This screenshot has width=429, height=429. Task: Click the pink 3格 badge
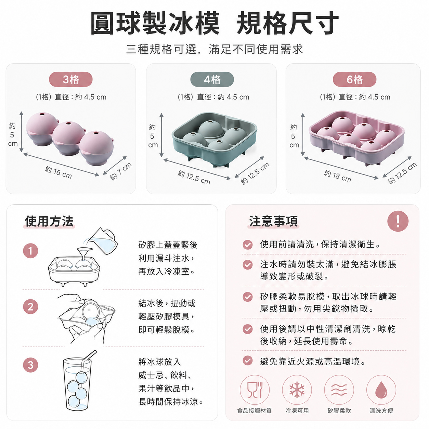pos(70,79)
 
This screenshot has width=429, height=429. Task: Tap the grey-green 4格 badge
pos(212,79)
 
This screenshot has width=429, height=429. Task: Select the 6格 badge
pos(354,79)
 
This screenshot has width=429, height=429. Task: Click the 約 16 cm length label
pos(58,172)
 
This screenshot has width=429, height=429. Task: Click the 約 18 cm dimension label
pos(338,176)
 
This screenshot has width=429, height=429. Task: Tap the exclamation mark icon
pos(398,221)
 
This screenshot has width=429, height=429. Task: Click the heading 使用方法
pos(49,221)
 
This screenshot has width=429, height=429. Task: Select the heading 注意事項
pos(273,221)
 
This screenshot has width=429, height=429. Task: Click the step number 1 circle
pos(30,251)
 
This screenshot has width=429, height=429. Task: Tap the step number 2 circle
pos(30,307)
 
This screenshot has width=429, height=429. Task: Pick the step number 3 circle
pos(30,365)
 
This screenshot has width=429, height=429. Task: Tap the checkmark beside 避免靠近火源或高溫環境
pos(247,361)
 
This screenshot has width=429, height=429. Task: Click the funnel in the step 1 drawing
pos(84,254)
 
